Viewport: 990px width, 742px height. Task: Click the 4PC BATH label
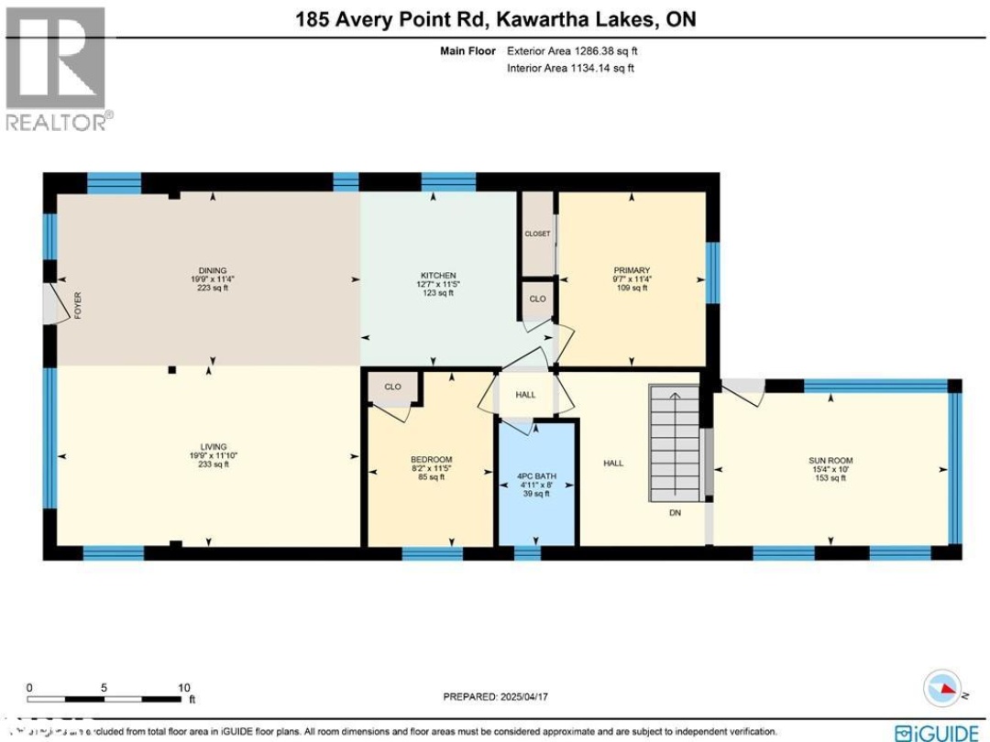pyautogui.click(x=536, y=476)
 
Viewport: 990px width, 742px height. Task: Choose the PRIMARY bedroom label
pyautogui.click(x=632, y=270)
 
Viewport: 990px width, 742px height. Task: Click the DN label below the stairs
pyautogui.click(x=675, y=514)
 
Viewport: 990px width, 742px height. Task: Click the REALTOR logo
pyautogui.click(x=57, y=69)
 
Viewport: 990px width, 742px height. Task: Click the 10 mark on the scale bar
pyautogui.click(x=183, y=688)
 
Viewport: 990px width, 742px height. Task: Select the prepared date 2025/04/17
pyautogui.click(x=494, y=696)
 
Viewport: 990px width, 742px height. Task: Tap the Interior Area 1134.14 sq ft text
pyautogui.click(x=570, y=68)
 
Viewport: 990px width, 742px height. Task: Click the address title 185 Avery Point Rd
pyautogui.click(x=494, y=19)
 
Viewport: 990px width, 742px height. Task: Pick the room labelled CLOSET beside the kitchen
pyautogui.click(x=537, y=234)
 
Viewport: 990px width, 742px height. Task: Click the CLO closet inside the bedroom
pyautogui.click(x=392, y=387)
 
